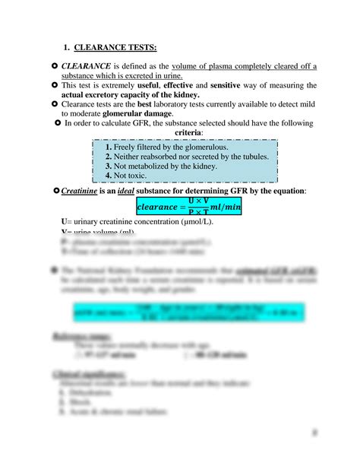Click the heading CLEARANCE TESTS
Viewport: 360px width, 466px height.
click(x=122, y=49)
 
